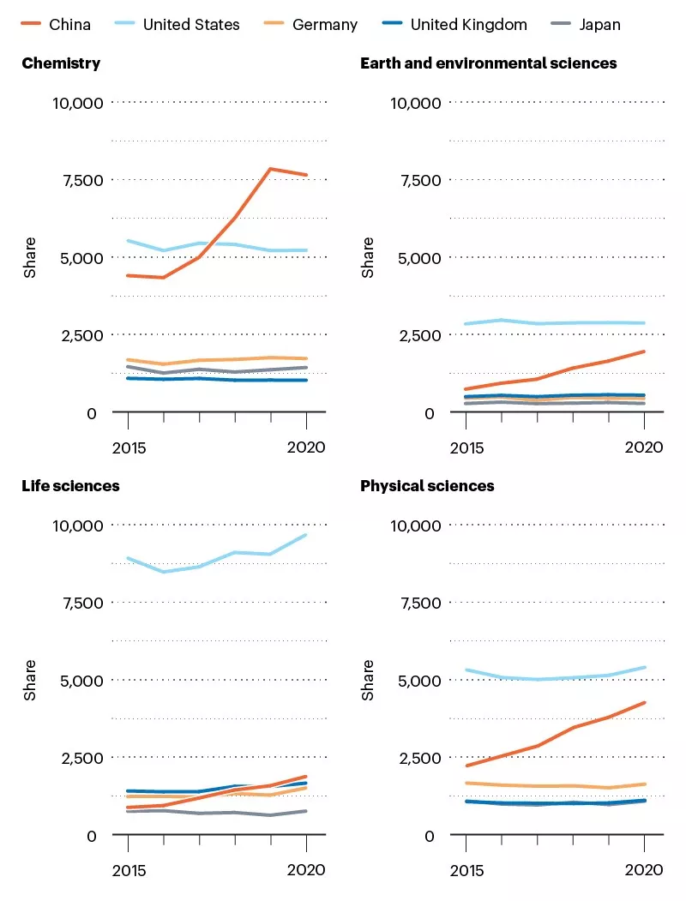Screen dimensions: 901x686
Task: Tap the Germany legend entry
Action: click(324, 25)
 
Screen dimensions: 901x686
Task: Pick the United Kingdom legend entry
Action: click(468, 25)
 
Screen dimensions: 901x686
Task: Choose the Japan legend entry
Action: click(599, 25)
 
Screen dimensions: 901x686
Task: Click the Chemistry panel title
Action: click(61, 63)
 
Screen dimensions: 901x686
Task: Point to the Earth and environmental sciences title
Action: click(488, 63)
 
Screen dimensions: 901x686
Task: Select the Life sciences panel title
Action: click(70, 486)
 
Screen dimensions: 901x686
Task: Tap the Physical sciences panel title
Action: click(427, 486)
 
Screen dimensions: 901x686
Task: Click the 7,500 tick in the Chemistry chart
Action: click(81, 180)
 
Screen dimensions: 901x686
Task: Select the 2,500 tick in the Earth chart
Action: click(418, 335)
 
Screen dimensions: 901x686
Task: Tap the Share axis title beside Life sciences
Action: click(30, 680)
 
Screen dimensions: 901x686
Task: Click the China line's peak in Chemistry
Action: click(271, 169)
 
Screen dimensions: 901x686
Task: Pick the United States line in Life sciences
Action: click(199, 566)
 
